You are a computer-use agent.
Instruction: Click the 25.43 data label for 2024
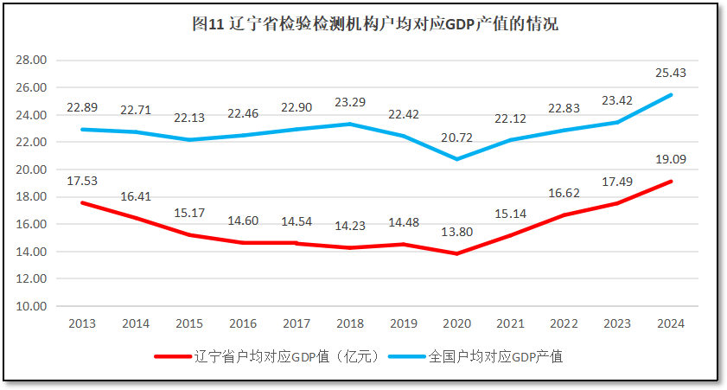click(x=671, y=73)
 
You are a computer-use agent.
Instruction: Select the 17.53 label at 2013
click(x=82, y=180)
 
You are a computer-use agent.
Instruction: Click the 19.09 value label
click(x=671, y=159)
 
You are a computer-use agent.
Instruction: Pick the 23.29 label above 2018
click(x=349, y=102)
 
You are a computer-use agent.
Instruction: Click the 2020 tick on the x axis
click(x=456, y=323)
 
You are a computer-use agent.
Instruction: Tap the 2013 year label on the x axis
click(x=82, y=323)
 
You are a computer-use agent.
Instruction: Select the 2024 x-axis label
click(x=671, y=323)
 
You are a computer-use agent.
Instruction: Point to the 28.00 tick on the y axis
click(x=32, y=61)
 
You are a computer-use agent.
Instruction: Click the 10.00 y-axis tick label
click(x=32, y=306)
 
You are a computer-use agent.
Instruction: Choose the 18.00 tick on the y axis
click(x=32, y=197)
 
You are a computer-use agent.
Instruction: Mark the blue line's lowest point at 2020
click(x=456, y=159)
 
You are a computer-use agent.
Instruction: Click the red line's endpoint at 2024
click(x=671, y=182)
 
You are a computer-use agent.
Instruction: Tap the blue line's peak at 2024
click(x=671, y=95)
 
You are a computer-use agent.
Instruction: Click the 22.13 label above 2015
click(x=189, y=118)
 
